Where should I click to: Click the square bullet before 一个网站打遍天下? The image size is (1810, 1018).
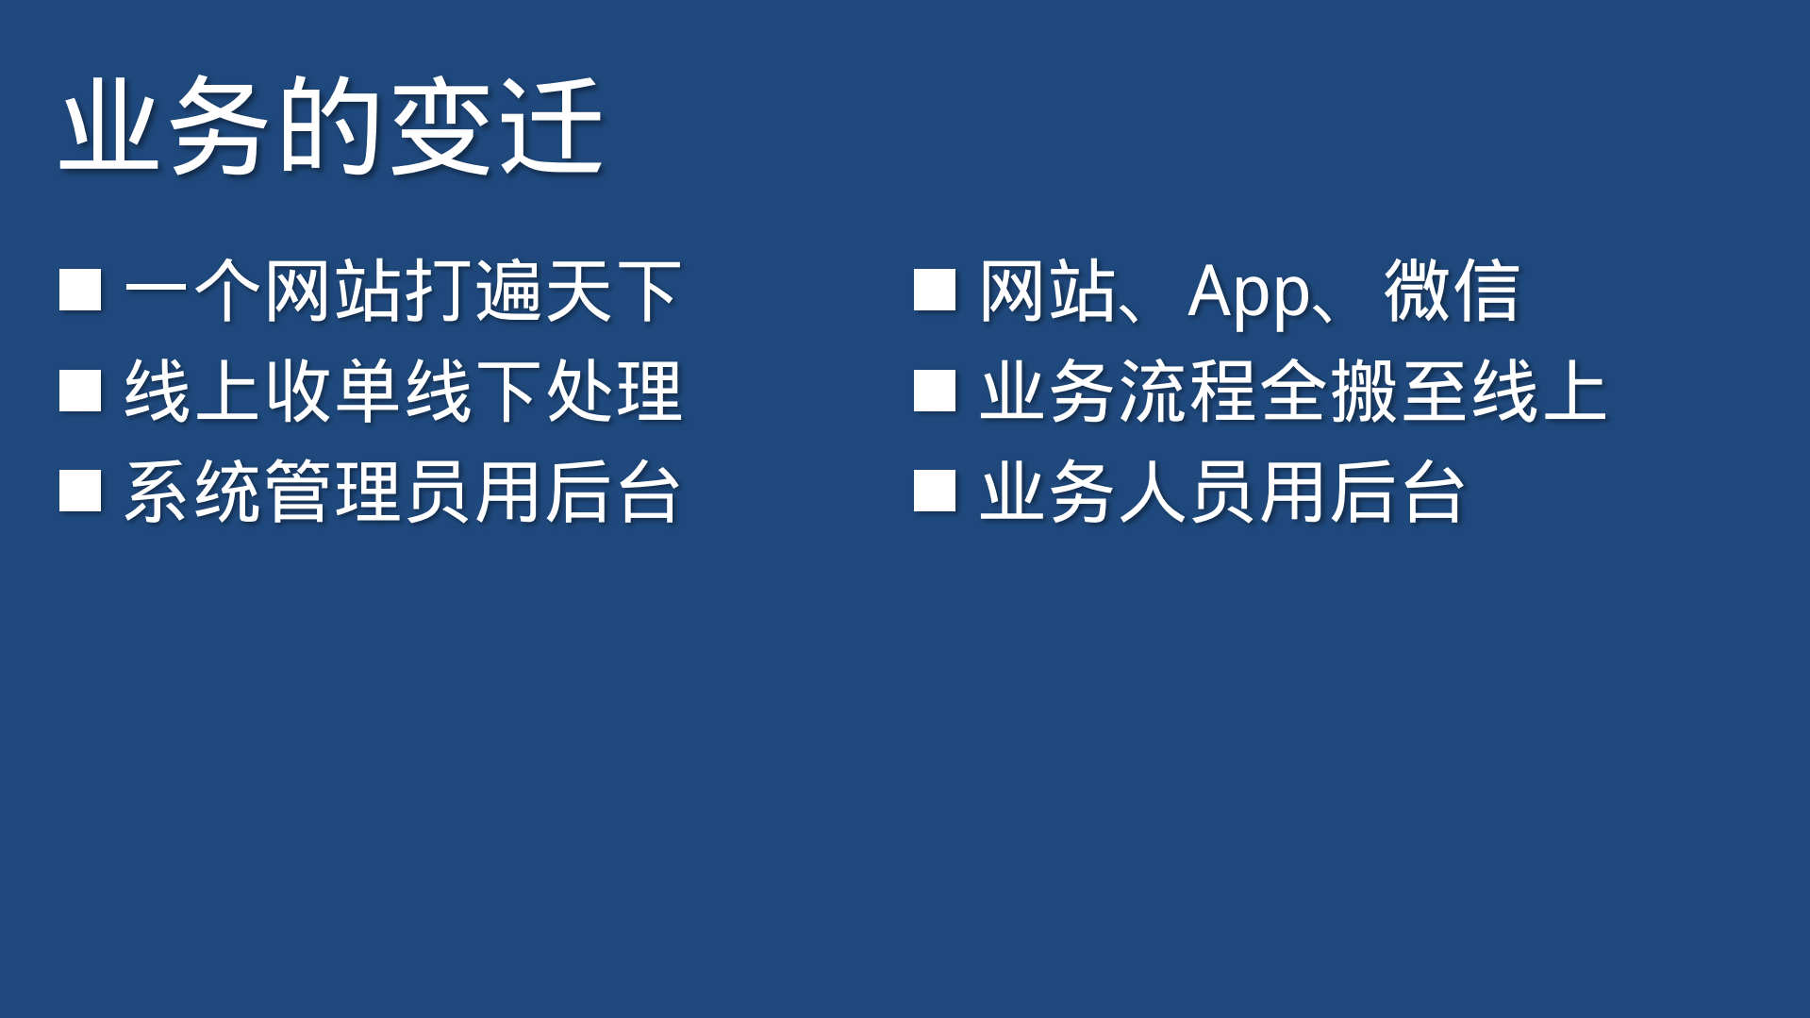pos(80,291)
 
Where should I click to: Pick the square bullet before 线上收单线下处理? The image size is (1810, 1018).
pos(80,391)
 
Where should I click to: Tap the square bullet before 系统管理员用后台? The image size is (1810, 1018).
pos(80,491)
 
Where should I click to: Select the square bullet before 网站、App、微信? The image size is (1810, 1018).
pos(935,291)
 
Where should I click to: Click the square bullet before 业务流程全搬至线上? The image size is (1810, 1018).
pos(935,391)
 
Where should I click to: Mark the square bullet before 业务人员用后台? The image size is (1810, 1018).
pos(935,491)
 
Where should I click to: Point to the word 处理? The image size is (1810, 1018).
pos(613,391)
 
